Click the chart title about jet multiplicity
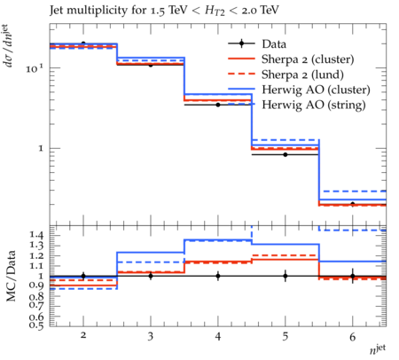click(164, 11)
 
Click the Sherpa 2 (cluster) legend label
click(308, 59)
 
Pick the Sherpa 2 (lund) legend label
click(302, 74)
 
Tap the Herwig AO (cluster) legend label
click(316, 90)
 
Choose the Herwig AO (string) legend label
click(314, 105)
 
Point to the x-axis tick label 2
click(83, 335)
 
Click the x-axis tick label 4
click(218, 336)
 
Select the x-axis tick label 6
click(353, 337)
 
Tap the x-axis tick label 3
click(151, 336)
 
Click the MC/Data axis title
click(11, 276)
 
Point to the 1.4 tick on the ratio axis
click(36, 235)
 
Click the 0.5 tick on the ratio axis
click(36, 325)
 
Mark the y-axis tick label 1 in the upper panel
click(41, 148)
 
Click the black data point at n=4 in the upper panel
click(218, 105)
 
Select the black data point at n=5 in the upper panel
click(286, 154)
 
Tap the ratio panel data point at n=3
click(151, 276)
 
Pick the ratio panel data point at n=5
click(286, 276)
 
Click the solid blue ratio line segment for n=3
click(151, 253)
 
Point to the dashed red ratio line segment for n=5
click(286, 255)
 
